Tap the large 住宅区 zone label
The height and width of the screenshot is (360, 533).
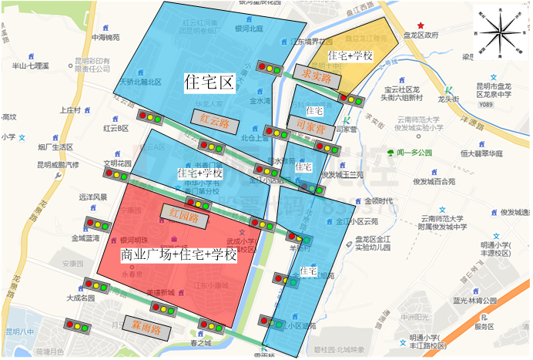click(208, 80)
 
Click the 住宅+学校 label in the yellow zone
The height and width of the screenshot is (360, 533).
click(350, 56)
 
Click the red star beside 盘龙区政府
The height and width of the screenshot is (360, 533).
click(420, 25)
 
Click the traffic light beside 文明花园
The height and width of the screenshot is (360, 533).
click(116, 175)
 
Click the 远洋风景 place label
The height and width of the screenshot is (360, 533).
click(92, 197)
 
